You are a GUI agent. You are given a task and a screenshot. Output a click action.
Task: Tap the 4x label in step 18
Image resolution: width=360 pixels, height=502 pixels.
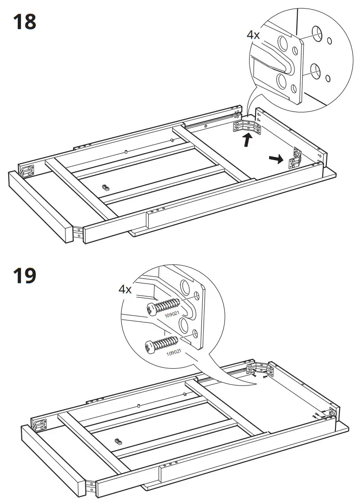coord(253,35)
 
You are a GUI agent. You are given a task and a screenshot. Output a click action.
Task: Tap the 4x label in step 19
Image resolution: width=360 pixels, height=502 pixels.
coord(125,289)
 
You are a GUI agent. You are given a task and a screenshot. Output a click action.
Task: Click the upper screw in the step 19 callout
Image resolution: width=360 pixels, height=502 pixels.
coord(164,306)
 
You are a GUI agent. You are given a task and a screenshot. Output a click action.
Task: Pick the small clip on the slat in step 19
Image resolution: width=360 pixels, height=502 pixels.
coord(120,441)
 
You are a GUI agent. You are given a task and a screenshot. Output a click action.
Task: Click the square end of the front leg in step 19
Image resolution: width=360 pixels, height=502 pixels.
coord(86,488)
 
